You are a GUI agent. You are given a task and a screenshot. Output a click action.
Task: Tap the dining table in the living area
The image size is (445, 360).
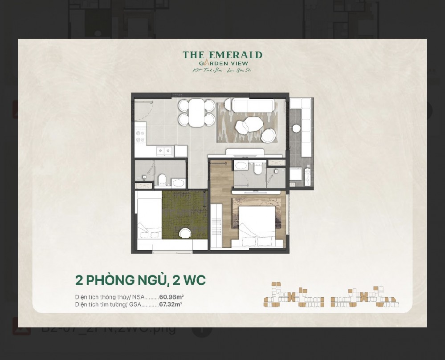coord(197,113)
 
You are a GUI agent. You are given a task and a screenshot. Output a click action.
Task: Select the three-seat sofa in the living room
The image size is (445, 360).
coord(253,105)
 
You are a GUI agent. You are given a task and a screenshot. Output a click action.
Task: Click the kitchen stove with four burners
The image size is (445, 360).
coord(140,135)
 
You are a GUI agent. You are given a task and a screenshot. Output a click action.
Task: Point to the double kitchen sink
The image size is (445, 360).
coord(164,151)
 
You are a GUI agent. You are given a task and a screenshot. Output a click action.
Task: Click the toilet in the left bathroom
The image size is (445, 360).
coord(163,179)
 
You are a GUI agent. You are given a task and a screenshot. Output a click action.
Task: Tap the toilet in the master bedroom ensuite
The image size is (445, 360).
coord(257,169)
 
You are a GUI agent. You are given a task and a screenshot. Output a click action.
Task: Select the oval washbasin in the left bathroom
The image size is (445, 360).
coord(178,182)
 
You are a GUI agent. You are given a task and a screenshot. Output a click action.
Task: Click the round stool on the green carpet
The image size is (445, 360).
coord(185,233)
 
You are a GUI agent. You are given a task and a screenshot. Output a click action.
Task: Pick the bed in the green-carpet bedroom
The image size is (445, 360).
coord(149,218)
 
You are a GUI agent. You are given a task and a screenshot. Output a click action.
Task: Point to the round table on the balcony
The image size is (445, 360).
coord(296,129)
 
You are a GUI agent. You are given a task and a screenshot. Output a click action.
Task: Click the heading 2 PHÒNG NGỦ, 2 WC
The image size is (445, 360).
coord(140,280)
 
